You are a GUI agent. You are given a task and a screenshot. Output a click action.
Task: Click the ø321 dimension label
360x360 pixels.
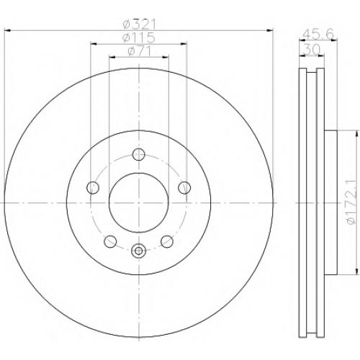(139, 24)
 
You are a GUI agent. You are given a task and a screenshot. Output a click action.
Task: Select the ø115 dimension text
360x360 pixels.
(138, 37)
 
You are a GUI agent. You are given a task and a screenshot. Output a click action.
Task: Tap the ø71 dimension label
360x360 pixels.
(139, 51)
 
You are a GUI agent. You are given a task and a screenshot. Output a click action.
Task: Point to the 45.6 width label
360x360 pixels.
(318, 35)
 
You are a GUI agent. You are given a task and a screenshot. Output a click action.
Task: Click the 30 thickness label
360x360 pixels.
(312, 50)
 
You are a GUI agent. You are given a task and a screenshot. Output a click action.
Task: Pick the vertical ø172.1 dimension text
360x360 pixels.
(351, 202)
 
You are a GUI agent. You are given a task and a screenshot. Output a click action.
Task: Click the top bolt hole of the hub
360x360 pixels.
(139, 154)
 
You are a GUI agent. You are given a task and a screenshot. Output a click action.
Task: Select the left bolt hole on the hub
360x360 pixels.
(93, 187)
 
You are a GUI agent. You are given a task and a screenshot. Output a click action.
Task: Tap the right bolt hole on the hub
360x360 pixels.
(184, 187)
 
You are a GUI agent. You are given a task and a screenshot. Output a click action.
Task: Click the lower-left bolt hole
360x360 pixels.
(110, 241)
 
